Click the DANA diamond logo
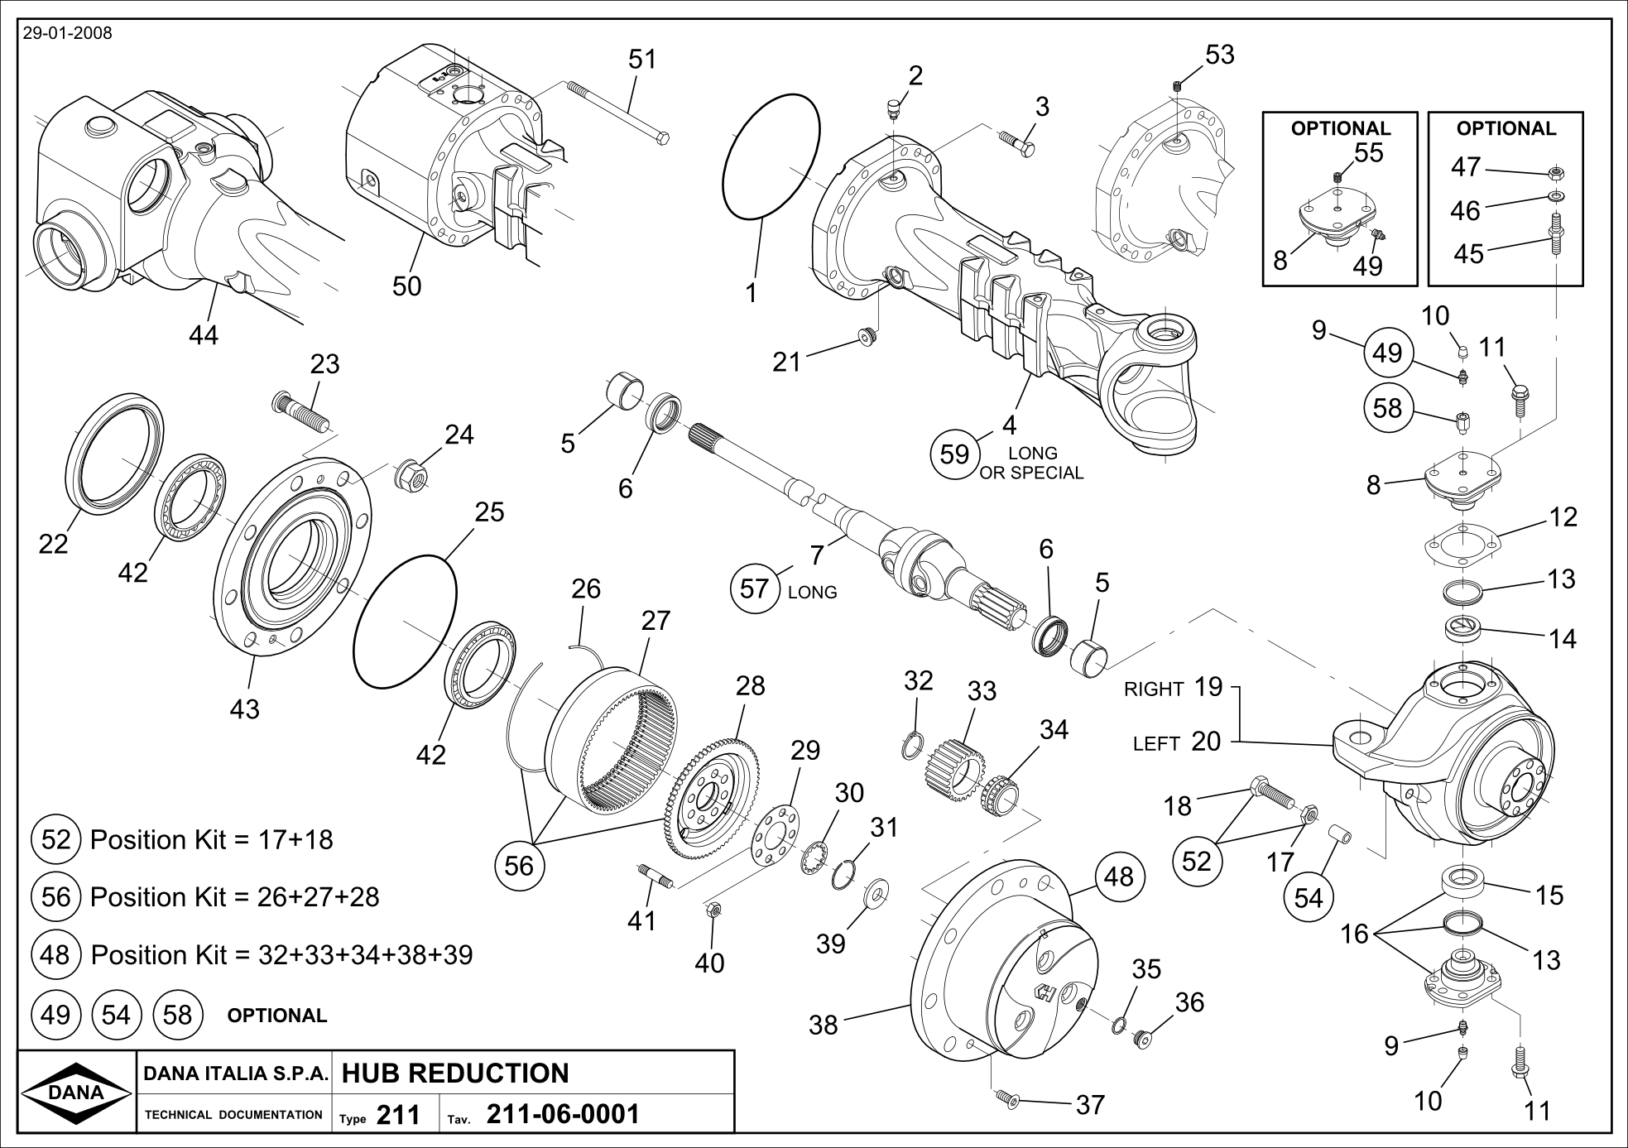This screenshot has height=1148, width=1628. pyautogui.click(x=76, y=1092)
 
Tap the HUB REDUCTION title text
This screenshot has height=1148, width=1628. pyautogui.click(x=454, y=1074)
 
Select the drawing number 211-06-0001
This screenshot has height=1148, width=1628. pyautogui.click(x=563, y=1114)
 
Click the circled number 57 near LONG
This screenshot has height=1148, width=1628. pyautogui.click(x=754, y=589)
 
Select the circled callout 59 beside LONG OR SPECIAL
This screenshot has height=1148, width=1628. pyautogui.click(x=954, y=454)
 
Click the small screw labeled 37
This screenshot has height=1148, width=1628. pyautogui.click(x=1007, y=1098)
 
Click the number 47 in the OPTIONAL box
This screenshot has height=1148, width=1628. pyautogui.click(x=1465, y=168)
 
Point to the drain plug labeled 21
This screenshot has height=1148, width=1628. pyautogui.click(x=867, y=336)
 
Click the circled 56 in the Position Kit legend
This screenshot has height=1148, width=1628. pyautogui.click(x=55, y=897)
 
